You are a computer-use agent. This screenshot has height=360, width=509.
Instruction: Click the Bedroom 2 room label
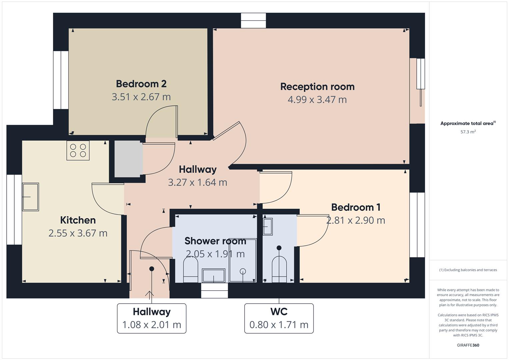point(141,84)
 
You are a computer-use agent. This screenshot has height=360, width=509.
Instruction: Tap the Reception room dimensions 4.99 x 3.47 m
point(317,100)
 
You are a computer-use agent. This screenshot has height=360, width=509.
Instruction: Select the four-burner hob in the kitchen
point(78,150)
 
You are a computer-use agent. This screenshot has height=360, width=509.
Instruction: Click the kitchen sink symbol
point(30,197)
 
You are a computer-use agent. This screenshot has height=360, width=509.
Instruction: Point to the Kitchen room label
point(78,220)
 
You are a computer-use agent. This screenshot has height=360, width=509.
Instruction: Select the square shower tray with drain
point(243,260)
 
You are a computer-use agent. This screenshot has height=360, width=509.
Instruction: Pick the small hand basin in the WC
point(268,226)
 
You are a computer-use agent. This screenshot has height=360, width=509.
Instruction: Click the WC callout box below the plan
point(279,318)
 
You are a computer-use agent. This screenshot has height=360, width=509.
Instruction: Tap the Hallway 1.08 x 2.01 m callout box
point(151,318)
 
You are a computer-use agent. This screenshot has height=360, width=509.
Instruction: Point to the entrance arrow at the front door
point(149,294)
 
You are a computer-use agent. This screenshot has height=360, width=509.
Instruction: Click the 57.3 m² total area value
point(468,132)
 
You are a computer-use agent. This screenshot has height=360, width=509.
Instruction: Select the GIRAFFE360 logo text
point(468,345)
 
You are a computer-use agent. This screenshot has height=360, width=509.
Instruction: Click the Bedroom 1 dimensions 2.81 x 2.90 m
point(355,220)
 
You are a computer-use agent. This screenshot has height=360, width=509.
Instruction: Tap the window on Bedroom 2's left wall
point(61,80)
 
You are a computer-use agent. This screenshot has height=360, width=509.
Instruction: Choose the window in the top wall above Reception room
point(253,21)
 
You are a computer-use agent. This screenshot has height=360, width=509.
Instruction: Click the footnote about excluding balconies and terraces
point(468,270)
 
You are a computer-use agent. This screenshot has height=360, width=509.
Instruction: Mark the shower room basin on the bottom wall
point(214,276)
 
